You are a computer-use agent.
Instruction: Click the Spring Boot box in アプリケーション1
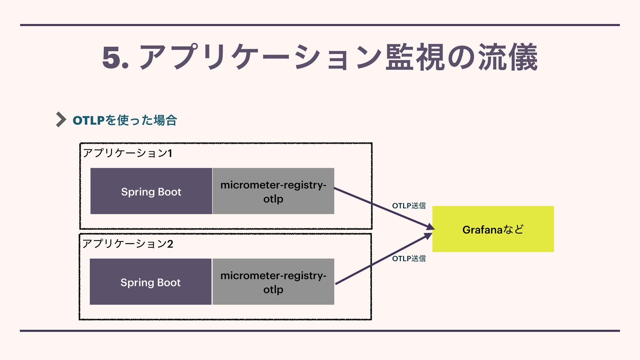click(x=151, y=191)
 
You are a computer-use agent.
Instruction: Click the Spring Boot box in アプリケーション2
click(x=151, y=282)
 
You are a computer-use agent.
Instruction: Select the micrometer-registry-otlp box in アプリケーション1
click(x=273, y=191)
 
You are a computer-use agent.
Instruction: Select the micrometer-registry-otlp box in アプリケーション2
click(x=273, y=282)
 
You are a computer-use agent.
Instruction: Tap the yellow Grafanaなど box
click(x=493, y=229)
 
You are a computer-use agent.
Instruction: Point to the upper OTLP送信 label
click(x=409, y=206)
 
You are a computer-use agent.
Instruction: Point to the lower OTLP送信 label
click(x=409, y=258)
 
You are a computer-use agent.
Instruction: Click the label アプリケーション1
click(x=127, y=153)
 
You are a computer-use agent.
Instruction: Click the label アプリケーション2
click(x=128, y=244)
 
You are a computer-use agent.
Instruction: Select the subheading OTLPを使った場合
click(x=125, y=120)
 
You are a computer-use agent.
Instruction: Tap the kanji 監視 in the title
click(x=415, y=57)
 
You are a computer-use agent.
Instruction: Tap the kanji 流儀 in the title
click(x=508, y=57)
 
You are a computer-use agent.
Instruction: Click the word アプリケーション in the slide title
click(x=260, y=57)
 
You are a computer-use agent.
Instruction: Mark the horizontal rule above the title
click(x=320, y=25)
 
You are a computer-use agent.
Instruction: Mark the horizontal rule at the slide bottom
click(x=320, y=331)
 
